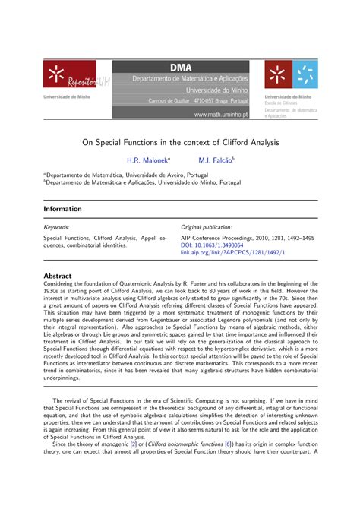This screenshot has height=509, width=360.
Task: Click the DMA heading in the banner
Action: coord(180,68)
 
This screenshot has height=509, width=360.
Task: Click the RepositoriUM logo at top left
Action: coord(66,77)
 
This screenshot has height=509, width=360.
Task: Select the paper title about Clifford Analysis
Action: coord(180,142)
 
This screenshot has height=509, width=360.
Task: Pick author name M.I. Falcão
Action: coord(217,160)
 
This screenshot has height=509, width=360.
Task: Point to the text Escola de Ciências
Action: coord(280,103)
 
